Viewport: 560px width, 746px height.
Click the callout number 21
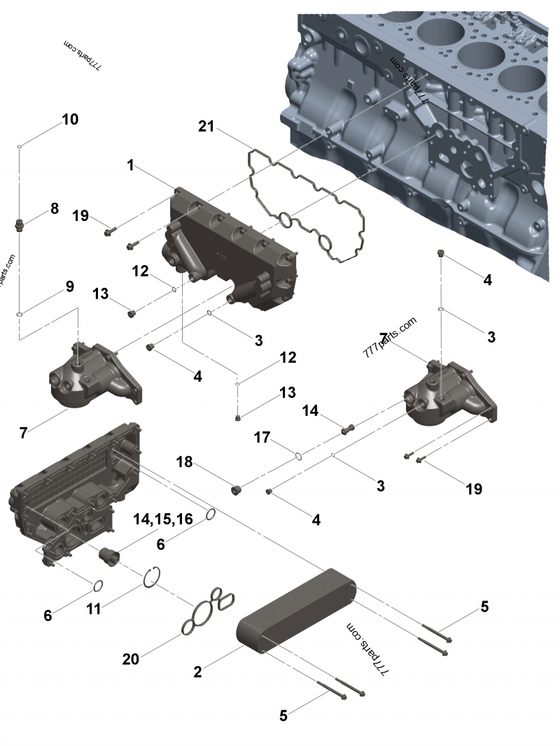(206, 126)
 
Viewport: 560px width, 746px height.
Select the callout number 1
(130, 165)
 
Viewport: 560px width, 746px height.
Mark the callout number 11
(92, 609)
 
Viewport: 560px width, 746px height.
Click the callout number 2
(197, 672)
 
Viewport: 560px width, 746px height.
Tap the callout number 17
(262, 438)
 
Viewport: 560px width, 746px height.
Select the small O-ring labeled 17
(298, 456)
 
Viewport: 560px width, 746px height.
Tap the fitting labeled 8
(20, 225)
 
